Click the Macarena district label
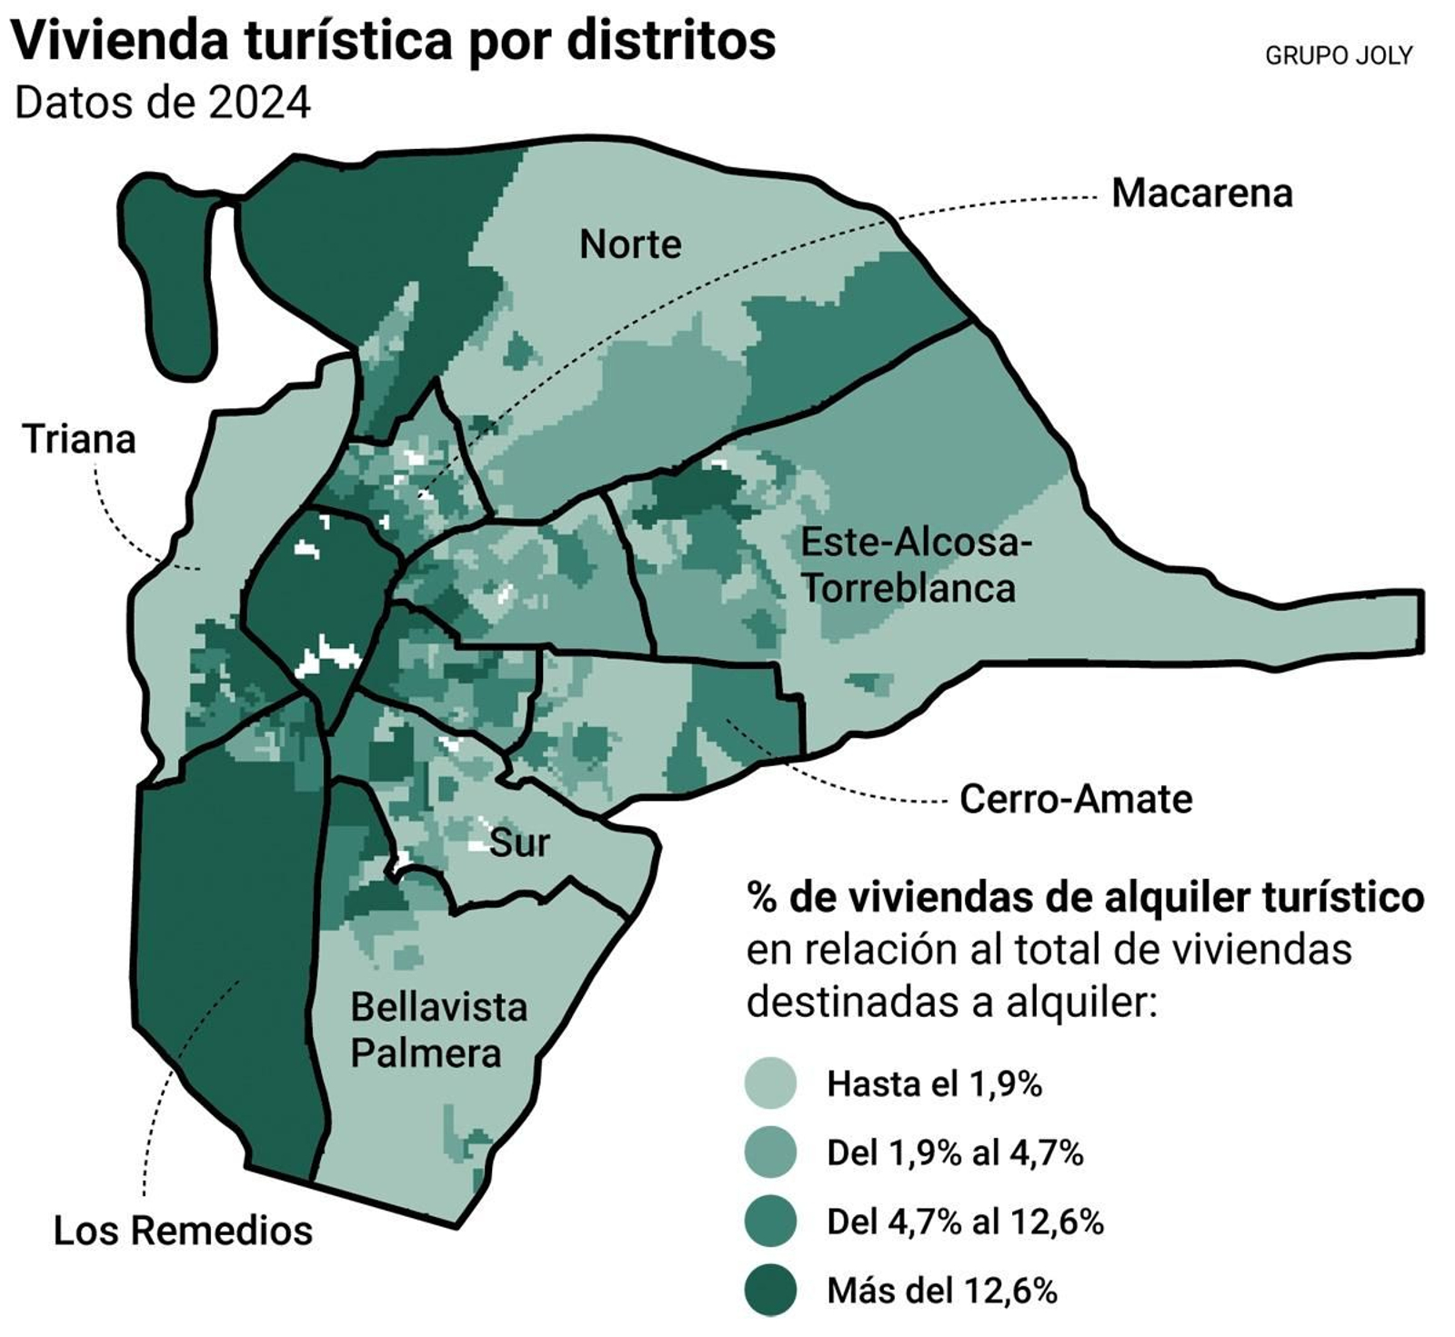click(1201, 194)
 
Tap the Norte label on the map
click(630, 244)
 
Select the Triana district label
click(79, 440)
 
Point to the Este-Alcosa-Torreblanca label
click(915, 565)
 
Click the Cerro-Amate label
click(1076, 800)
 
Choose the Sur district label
click(519, 843)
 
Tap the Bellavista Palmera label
click(438, 1031)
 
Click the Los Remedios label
click(183, 1231)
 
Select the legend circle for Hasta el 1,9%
click(770, 1083)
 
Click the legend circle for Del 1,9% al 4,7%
click(770, 1152)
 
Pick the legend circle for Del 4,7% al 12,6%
click(770, 1221)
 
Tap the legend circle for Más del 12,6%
click(770, 1290)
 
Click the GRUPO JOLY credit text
click(1339, 56)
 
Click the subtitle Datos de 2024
click(163, 103)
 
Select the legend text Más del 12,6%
click(942, 1291)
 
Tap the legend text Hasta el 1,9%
click(934, 1083)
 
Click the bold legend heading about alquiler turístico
click(1085, 897)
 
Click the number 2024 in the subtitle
click(259, 103)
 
